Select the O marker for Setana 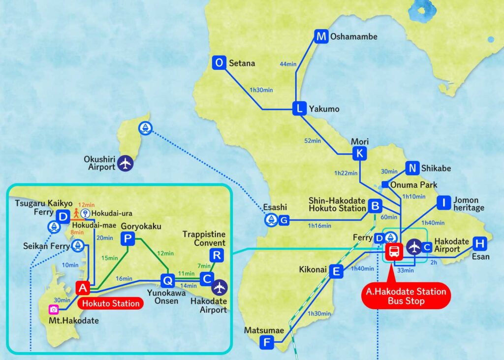click(220, 63)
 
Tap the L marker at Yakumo click(299, 109)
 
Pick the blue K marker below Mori click(360, 154)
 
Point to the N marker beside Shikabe click(412, 168)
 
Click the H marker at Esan click(480, 243)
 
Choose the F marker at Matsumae click(266, 342)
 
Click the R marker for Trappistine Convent click(217, 255)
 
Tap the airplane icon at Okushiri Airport click(126, 164)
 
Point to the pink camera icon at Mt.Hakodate click(54, 309)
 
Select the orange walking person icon click(76, 214)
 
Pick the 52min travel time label click(313, 141)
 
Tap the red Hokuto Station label click(112, 303)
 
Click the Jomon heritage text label click(468, 204)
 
